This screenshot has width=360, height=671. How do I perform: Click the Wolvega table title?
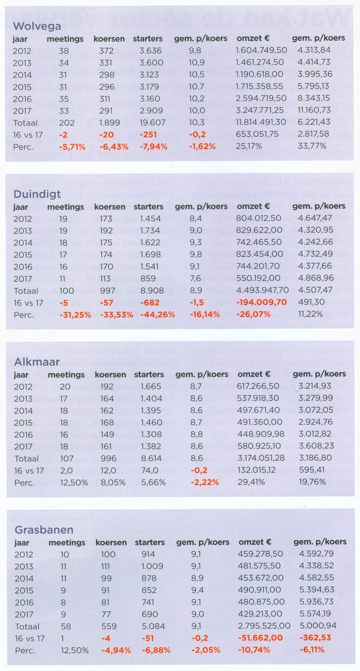point(37,26)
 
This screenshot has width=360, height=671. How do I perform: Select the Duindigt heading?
point(37,194)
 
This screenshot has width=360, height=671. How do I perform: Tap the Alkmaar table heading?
point(37,362)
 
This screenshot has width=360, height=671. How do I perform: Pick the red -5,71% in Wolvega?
point(72,147)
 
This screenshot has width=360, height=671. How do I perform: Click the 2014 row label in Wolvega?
point(22,75)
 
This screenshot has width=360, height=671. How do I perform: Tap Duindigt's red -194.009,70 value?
point(261,302)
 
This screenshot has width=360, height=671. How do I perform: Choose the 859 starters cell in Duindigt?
point(148,278)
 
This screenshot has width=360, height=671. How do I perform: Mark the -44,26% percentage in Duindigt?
point(158,314)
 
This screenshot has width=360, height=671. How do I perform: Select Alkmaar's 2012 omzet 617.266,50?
point(258,386)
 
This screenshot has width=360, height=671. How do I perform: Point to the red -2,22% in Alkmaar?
point(205,482)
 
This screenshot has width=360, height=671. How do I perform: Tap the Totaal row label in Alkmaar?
point(27,458)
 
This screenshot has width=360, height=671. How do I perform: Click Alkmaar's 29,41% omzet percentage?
point(251,482)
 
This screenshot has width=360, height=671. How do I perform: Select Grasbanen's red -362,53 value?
point(315,638)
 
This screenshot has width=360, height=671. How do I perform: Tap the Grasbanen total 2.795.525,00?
point(264,626)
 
